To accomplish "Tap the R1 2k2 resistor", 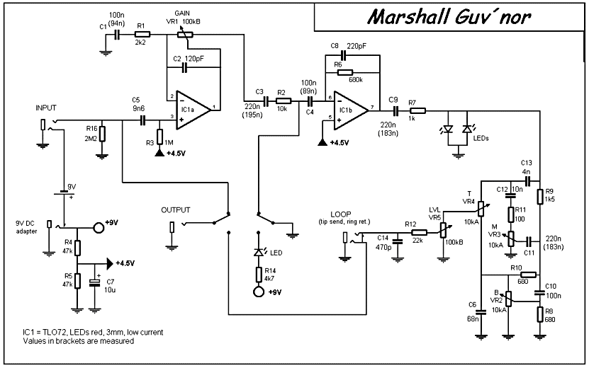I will click(x=142, y=33).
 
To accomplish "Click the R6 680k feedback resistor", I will click(x=345, y=71).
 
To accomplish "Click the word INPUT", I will click(x=47, y=108).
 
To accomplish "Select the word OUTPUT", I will click(x=176, y=210).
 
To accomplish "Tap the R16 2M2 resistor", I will click(x=103, y=134).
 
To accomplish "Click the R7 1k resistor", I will click(x=417, y=110).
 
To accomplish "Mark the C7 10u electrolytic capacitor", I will click(x=94, y=282).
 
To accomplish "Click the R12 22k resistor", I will click(x=419, y=231).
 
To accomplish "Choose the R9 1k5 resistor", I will click(x=540, y=195).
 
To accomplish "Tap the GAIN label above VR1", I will click(x=183, y=13).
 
